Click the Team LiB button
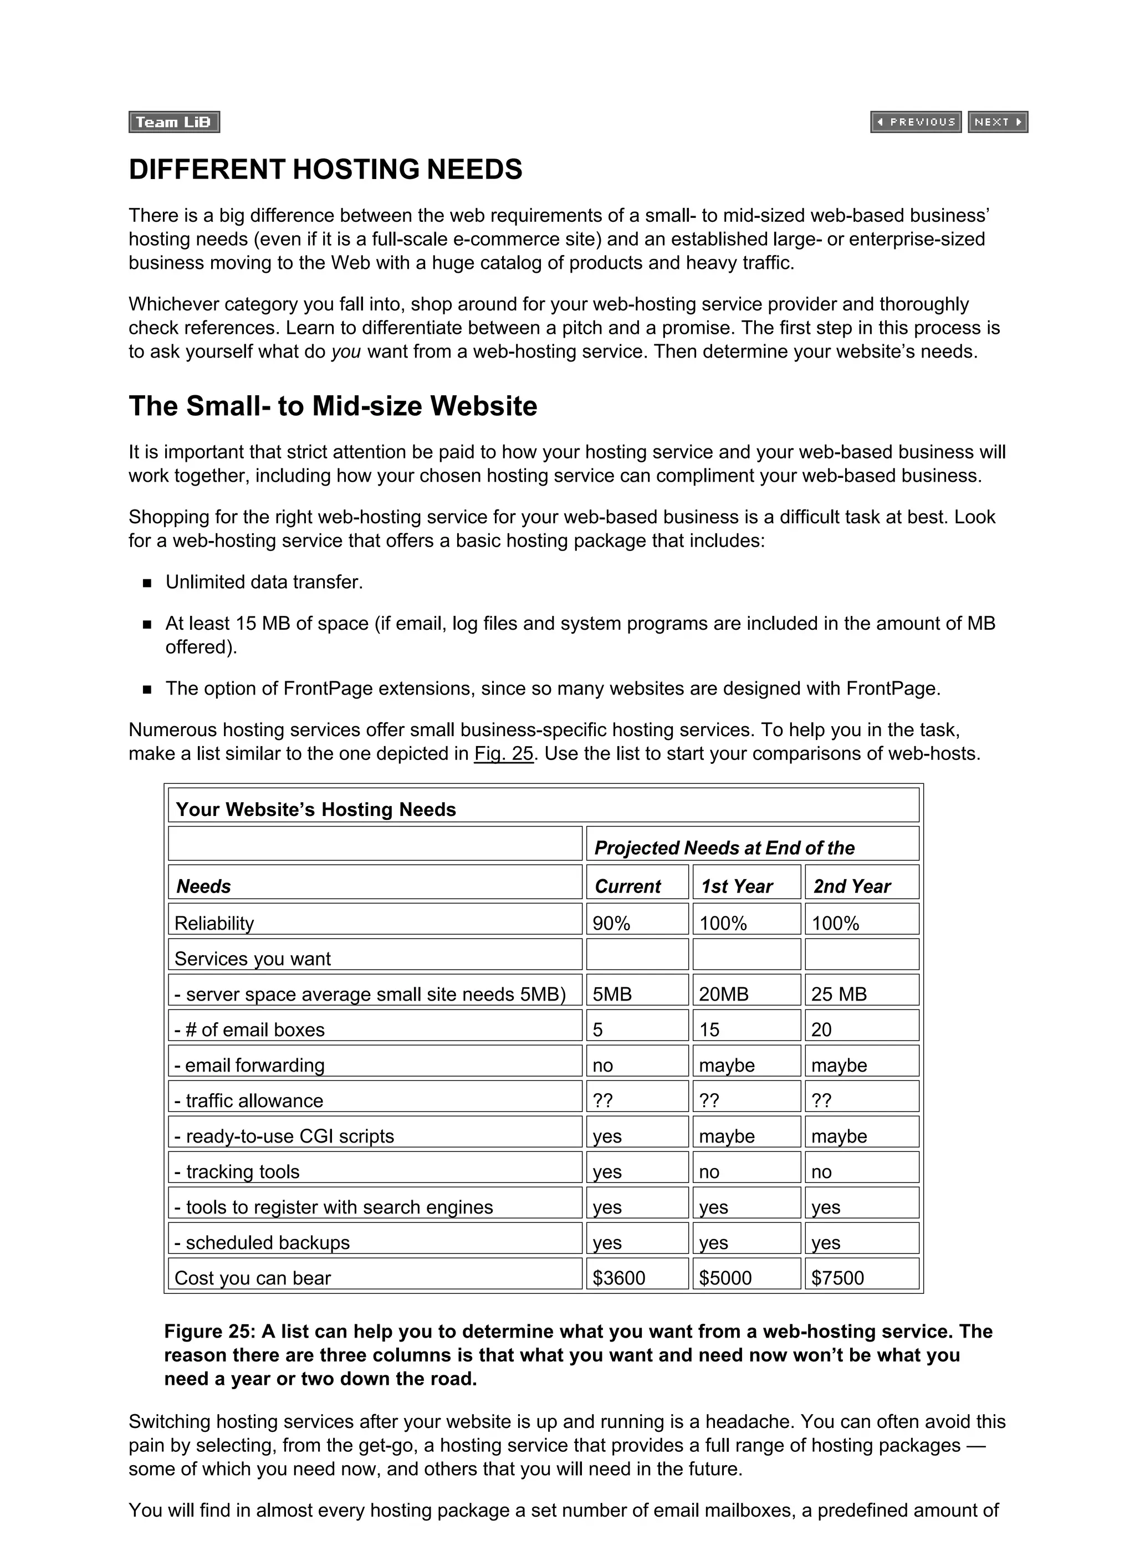pyautogui.click(x=173, y=122)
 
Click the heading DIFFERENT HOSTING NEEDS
pyautogui.click(x=325, y=169)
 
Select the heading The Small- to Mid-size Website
pyautogui.click(x=333, y=406)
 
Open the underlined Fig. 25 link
pyautogui.click(x=503, y=754)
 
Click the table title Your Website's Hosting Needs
pyautogui.click(x=315, y=809)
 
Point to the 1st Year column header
pyautogui.click(x=737, y=886)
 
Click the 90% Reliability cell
pyautogui.click(x=611, y=924)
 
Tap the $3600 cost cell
pyautogui.click(x=619, y=1278)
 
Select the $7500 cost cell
pyautogui.click(x=837, y=1278)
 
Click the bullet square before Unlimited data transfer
pyautogui.click(x=147, y=584)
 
